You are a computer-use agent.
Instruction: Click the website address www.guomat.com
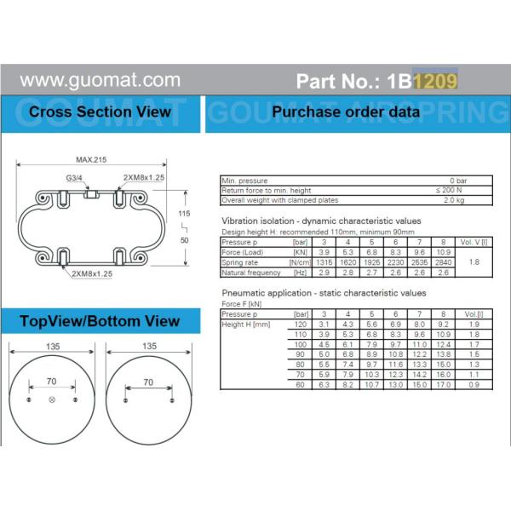pyautogui.click(x=100, y=81)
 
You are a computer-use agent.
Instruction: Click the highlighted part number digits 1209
pyautogui.click(x=436, y=81)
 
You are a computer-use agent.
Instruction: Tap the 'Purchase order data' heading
pyautogui.click(x=345, y=112)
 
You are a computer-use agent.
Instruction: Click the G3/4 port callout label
pyautogui.click(x=75, y=178)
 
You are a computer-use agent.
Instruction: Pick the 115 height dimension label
pyautogui.click(x=183, y=212)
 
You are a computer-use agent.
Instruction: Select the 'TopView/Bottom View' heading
pyautogui.click(x=100, y=320)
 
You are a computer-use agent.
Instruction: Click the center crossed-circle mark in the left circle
pyautogui.click(x=53, y=400)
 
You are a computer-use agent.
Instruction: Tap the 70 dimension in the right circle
pyautogui.click(x=148, y=383)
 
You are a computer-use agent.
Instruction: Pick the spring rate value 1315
pyautogui.click(x=324, y=262)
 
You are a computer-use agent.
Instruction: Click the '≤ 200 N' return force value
pyautogui.click(x=448, y=191)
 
